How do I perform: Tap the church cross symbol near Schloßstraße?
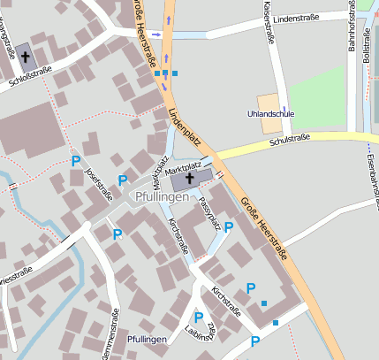26,57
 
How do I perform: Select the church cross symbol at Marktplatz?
190,180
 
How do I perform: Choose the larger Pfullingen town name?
162,195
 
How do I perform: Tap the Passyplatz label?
209,214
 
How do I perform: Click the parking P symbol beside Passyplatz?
229,227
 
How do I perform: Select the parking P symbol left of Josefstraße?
76,161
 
